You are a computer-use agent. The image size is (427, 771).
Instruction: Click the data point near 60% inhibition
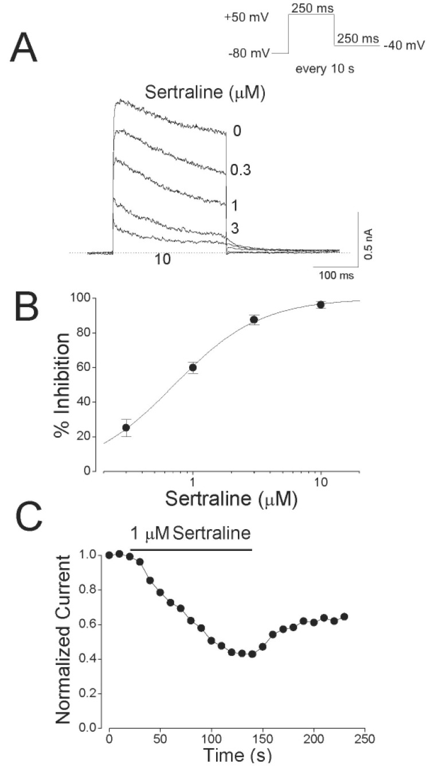(193, 367)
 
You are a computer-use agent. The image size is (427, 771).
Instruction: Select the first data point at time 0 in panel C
(109, 555)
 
